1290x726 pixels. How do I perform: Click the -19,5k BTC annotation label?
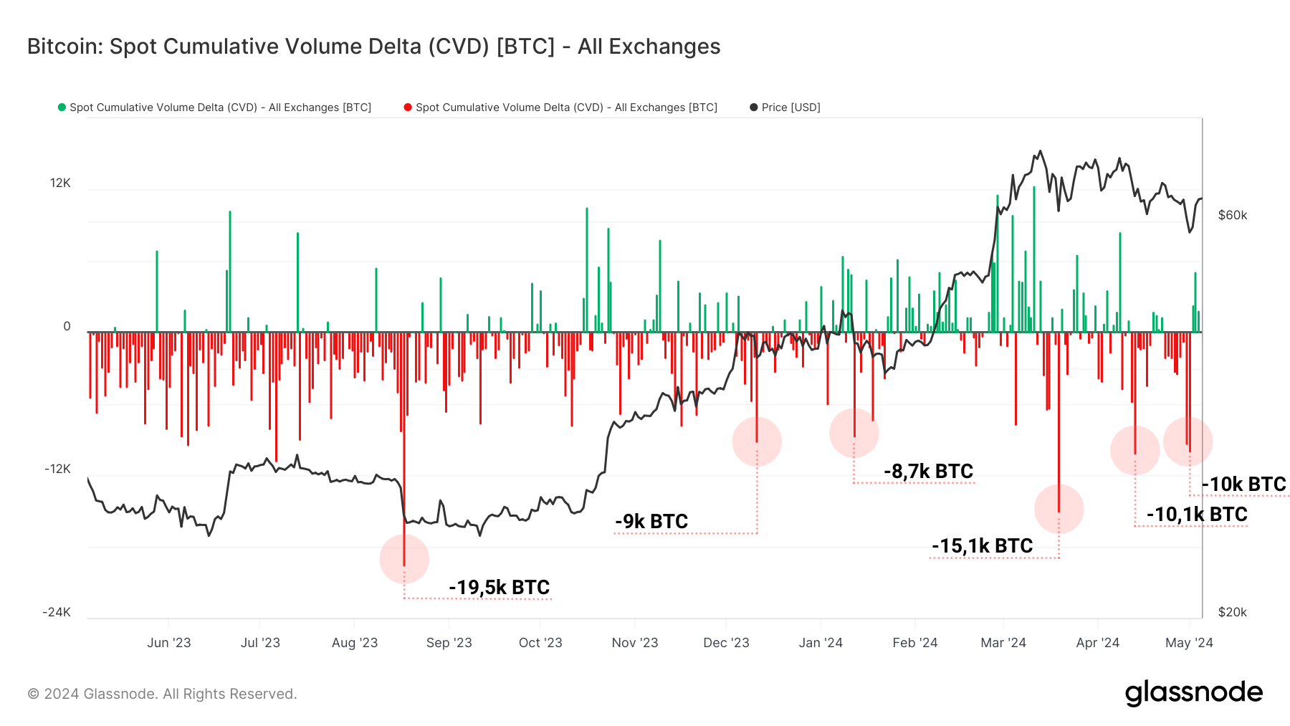pyautogui.click(x=499, y=588)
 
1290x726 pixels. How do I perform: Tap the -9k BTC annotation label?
pyautogui.click(x=651, y=522)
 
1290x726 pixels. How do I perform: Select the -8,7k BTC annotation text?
pyautogui.click(x=928, y=472)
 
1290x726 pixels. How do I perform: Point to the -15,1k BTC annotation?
pyautogui.click(x=982, y=546)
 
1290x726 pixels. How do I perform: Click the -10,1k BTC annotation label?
pyautogui.click(x=1197, y=515)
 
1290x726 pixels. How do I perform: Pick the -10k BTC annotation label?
pyautogui.click(x=1244, y=484)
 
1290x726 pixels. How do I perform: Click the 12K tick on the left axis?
pyautogui.click(x=60, y=183)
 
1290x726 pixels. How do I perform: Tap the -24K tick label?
pyautogui.click(x=57, y=612)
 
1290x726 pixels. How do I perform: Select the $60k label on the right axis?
pyautogui.click(x=1233, y=216)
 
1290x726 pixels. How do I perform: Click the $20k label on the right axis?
pyautogui.click(x=1233, y=612)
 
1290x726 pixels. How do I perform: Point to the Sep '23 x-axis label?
pyautogui.click(x=449, y=643)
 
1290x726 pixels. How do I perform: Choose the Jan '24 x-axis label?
pyautogui.click(x=821, y=643)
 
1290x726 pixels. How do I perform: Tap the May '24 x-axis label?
pyautogui.click(x=1189, y=643)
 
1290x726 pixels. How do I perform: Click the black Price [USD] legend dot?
pyautogui.click(x=753, y=108)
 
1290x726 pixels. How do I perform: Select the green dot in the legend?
pyautogui.click(x=62, y=108)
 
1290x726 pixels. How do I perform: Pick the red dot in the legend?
pyautogui.click(x=408, y=108)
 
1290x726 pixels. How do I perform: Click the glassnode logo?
pyautogui.click(x=1193, y=693)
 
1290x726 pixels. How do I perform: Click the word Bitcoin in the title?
pyautogui.click(x=63, y=47)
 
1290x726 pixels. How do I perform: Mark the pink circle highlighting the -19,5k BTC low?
pyautogui.click(x=404, y=559)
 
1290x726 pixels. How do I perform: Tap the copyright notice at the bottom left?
pyautogui.click(x=162, y=694)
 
